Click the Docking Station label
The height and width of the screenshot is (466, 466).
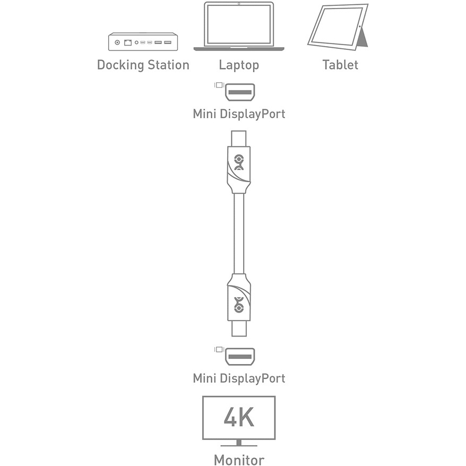143,65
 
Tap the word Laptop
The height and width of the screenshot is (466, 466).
239,65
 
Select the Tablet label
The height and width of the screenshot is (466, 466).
340,65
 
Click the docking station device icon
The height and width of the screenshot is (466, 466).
143,41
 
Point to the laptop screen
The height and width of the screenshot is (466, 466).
239,24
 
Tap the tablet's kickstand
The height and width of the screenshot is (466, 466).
363,38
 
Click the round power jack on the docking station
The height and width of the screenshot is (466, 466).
117,42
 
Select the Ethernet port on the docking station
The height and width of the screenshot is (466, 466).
128,42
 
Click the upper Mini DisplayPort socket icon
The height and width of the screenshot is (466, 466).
240,92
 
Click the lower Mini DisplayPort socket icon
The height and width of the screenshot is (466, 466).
240,357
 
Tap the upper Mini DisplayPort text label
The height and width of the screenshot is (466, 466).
239,114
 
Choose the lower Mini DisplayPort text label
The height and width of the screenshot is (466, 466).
239,378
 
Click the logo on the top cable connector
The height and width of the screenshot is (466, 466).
239,162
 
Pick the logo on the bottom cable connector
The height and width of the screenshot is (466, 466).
239,305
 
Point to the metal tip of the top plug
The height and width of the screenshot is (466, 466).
239,139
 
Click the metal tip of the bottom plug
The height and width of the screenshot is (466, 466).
239,329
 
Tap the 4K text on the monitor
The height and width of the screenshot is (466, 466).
239,416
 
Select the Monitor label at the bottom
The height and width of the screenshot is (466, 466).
239,460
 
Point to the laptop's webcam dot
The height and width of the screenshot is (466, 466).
239,4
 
